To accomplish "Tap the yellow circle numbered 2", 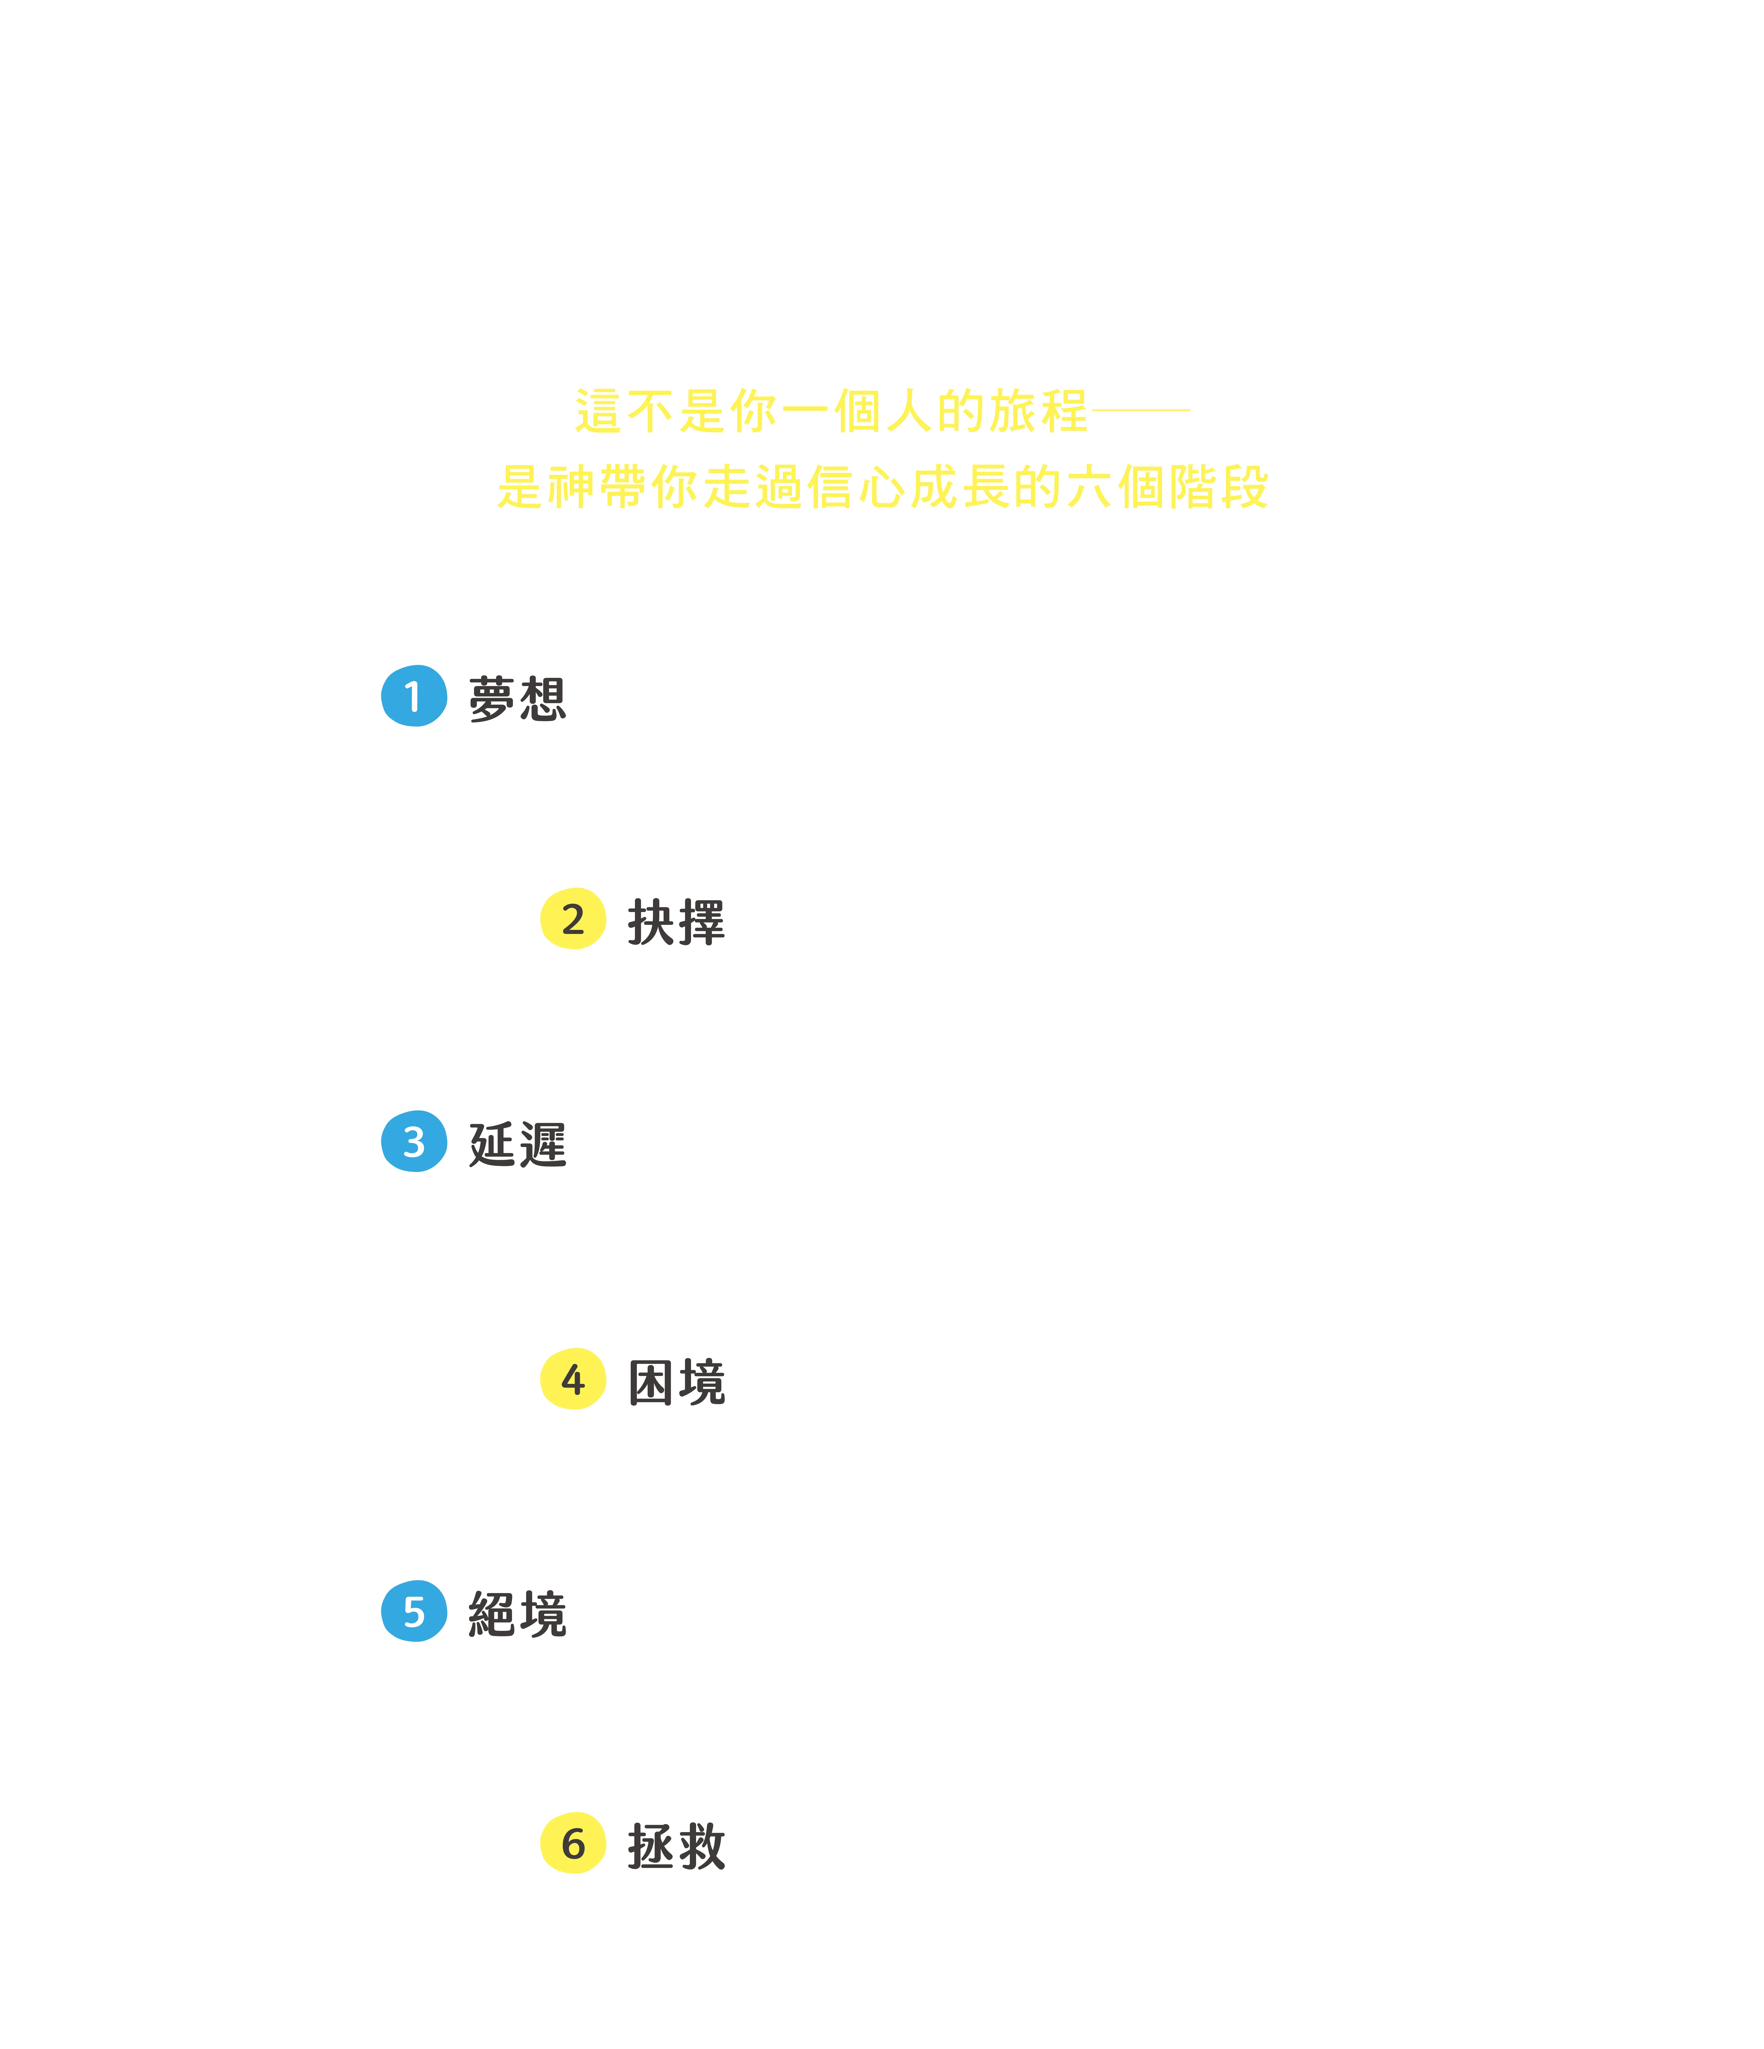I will pos(573,919).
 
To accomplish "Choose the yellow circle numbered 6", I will pos(573,1843).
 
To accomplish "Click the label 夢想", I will pos(517,699).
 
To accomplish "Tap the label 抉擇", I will pos(676,922).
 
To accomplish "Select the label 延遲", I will pos(517,1144).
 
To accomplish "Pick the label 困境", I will pos(676,1381).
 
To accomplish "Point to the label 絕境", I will pos(517,1614).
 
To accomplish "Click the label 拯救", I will pos(676,1846).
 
